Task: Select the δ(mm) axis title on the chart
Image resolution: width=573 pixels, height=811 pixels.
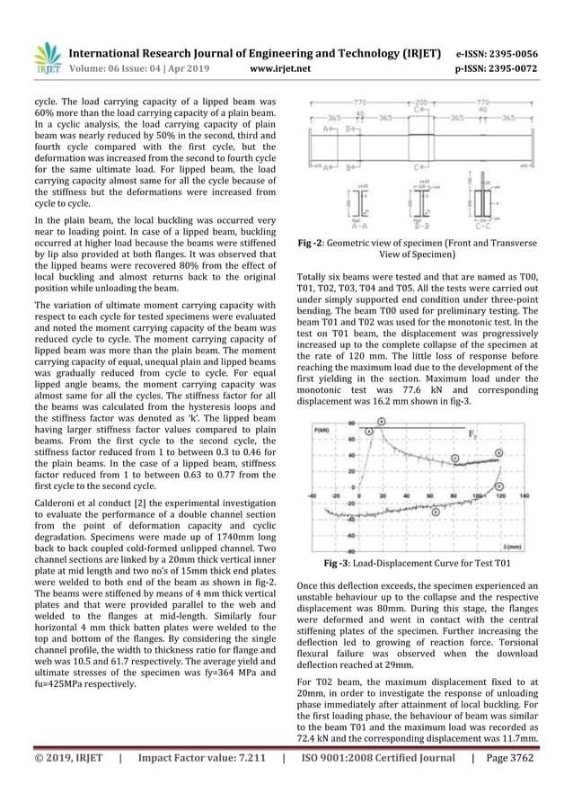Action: coord(514,546)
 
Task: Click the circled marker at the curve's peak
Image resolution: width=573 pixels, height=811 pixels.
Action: coord(382,420)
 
